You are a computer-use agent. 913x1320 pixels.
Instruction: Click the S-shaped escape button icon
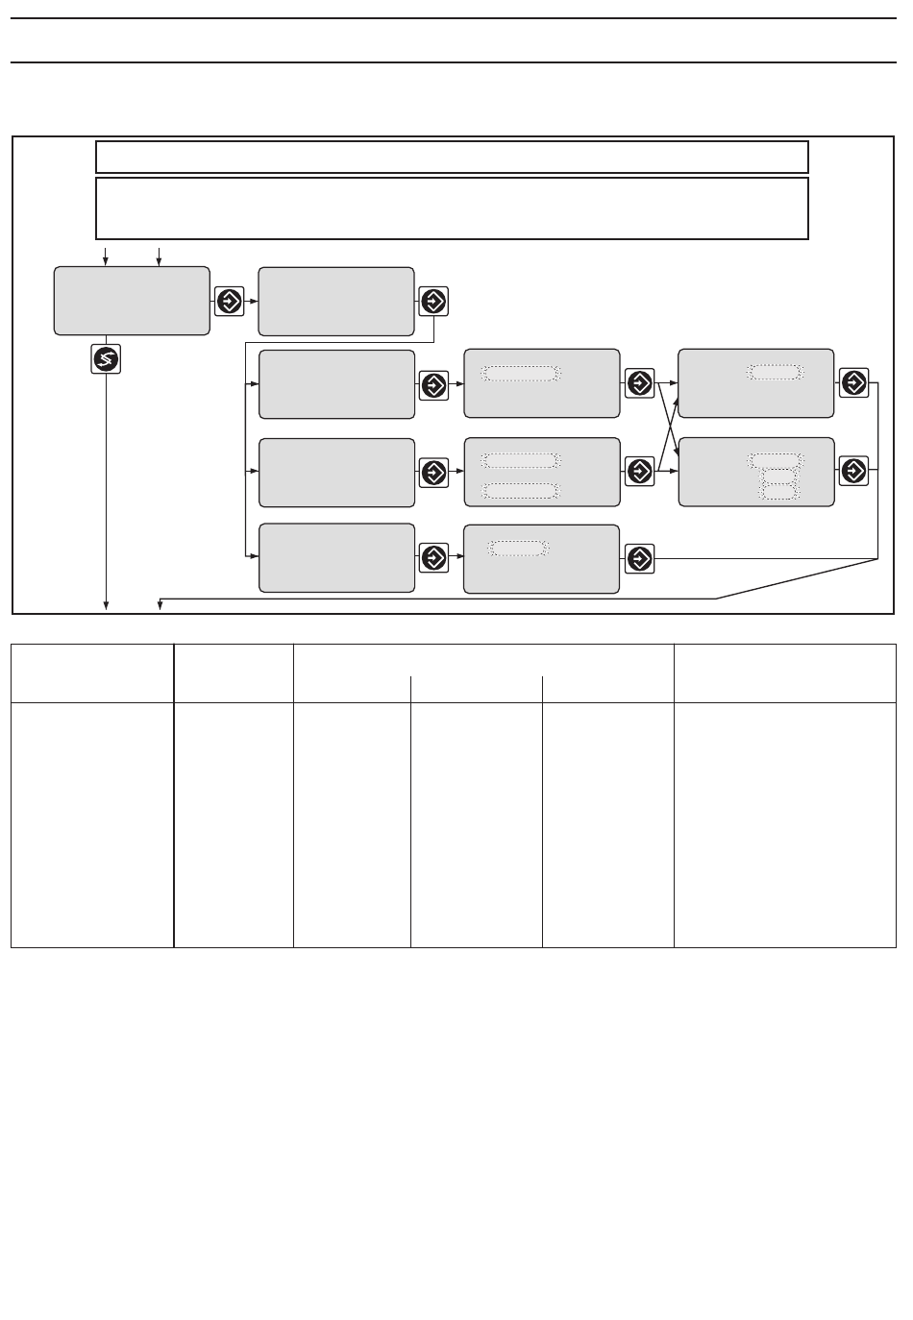pyautogui.click(x=107, y=358)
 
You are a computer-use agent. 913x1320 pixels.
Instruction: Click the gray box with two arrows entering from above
pyautogui.click(x=132, y=301)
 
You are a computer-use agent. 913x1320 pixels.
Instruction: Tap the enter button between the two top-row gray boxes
pyautogui.click(x=231, y=301)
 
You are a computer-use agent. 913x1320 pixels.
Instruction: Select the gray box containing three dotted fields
pyautogui.click(x=756, y=472)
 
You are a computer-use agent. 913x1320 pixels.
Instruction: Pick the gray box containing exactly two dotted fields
pyautogui.click(x=541, y=472)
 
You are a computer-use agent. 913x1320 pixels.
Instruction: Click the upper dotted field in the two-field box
pyautogui.click(x=520, y=460)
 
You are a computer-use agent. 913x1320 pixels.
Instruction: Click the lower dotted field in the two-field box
pyautogui.click(x=520, y=492)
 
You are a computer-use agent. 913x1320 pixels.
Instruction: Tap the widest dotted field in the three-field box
pyautogui.click(x=777, y=460)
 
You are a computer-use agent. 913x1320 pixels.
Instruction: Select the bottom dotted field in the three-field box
pyautogui.click(x=779, y=492)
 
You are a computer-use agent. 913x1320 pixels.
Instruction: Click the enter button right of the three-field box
pyautogui.click(x=853, y=472)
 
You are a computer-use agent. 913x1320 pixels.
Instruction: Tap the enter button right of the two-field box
pyautogui.click(x=639, y=472)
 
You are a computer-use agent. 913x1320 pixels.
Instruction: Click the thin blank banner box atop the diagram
pyautogui.click(x=452, y=157)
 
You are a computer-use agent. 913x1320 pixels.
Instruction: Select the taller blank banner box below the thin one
pyautogui.click(x=452, y=208)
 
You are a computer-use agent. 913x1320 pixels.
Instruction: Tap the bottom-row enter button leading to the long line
pyautogui.click(x=639, y=558)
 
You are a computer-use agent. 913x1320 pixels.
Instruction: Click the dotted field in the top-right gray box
pyautogui.click(x=775, y=373)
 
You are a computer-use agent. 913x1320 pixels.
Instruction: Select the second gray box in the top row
pyautogui.click(x=336, y=301)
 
